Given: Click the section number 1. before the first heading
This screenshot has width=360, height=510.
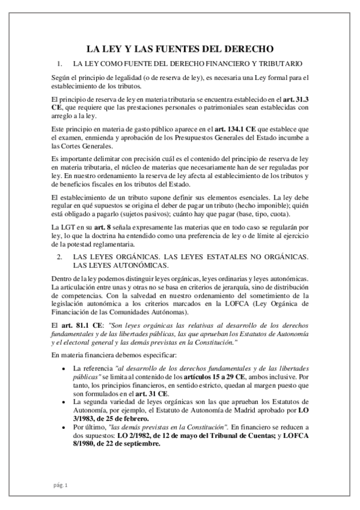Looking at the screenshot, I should point(59,63).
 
